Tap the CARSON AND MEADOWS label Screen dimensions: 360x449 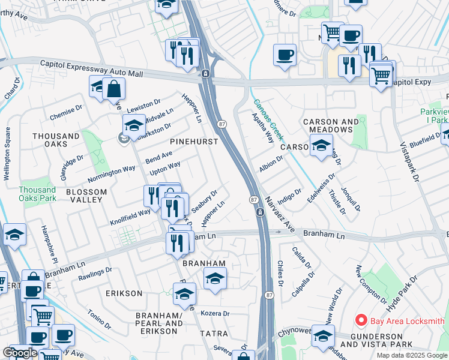(327, 125)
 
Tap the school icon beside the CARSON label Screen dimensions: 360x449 (321, 145)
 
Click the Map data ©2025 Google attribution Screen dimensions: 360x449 (412, 355)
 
